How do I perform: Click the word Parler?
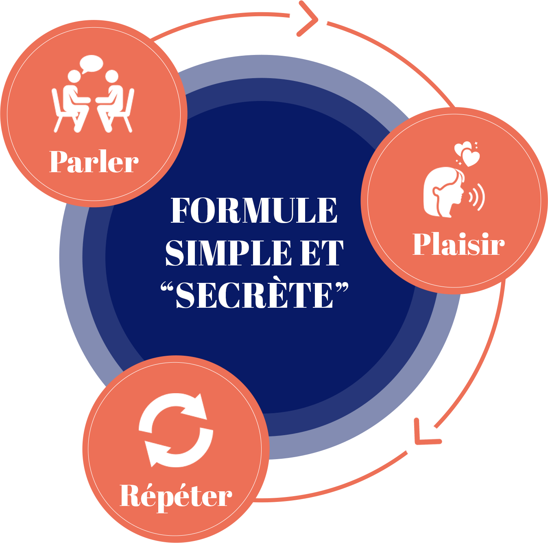pos(94,162)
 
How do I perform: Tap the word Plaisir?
pos(458,244)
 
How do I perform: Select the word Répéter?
pos(176,496)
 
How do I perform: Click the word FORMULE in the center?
pos(254,210)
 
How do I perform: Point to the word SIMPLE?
pos(228,253)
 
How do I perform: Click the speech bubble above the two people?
pos(91,64)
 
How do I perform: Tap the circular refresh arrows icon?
pos(176,430)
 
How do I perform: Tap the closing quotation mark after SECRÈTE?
pos(343,287)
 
